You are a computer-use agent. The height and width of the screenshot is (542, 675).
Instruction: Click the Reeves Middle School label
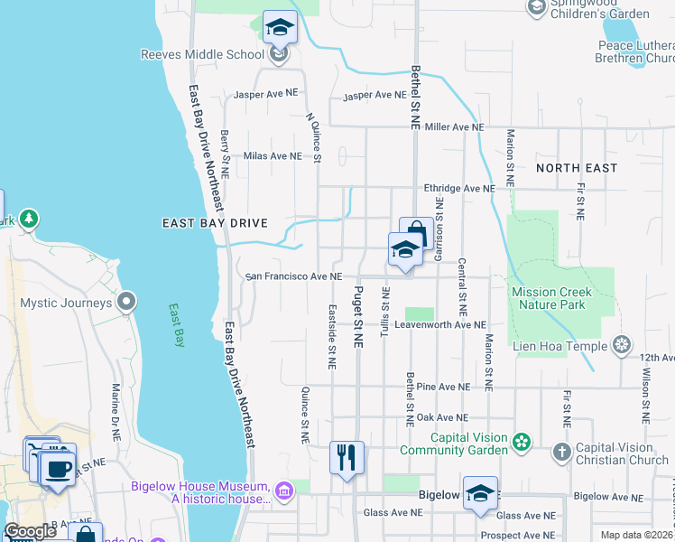point(202,54)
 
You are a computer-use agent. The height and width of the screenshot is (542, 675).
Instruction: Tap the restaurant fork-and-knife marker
point(347,458)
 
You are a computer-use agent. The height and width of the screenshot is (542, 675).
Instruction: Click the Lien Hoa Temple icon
point(621,343)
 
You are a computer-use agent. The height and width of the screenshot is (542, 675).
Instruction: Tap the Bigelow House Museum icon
point(284,491)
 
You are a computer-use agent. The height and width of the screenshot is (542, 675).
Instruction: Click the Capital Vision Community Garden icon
point(521,442)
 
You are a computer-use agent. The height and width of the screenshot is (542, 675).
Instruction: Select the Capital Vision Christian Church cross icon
point(561,452)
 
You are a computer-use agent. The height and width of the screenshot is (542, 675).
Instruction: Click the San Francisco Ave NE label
point(294,276)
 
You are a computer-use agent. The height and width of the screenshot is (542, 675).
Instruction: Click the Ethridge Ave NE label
point(460,189)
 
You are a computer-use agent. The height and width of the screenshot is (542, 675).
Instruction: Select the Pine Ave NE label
point(443,387)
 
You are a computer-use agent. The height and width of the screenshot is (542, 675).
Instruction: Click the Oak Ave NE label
point(441,417)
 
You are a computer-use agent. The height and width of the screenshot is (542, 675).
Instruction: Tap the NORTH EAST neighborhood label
point(577,168)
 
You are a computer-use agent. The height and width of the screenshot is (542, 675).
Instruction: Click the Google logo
point(31,531)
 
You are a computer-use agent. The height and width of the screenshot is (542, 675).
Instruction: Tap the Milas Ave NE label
point(272,155)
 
